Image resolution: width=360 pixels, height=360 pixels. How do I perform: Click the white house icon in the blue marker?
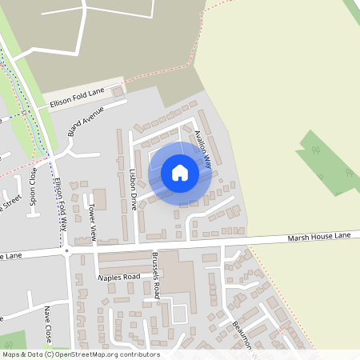180,173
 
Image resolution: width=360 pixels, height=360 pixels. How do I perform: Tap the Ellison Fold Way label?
58,204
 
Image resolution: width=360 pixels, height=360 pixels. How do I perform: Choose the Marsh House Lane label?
320,238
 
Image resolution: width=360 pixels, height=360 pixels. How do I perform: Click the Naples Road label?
118,277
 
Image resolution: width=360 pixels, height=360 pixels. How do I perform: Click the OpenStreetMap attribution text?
81,354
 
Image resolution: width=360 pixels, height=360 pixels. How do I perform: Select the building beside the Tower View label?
99,199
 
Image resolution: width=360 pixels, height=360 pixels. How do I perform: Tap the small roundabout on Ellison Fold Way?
67,250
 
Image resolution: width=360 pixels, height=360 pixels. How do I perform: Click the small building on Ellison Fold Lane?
119,93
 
